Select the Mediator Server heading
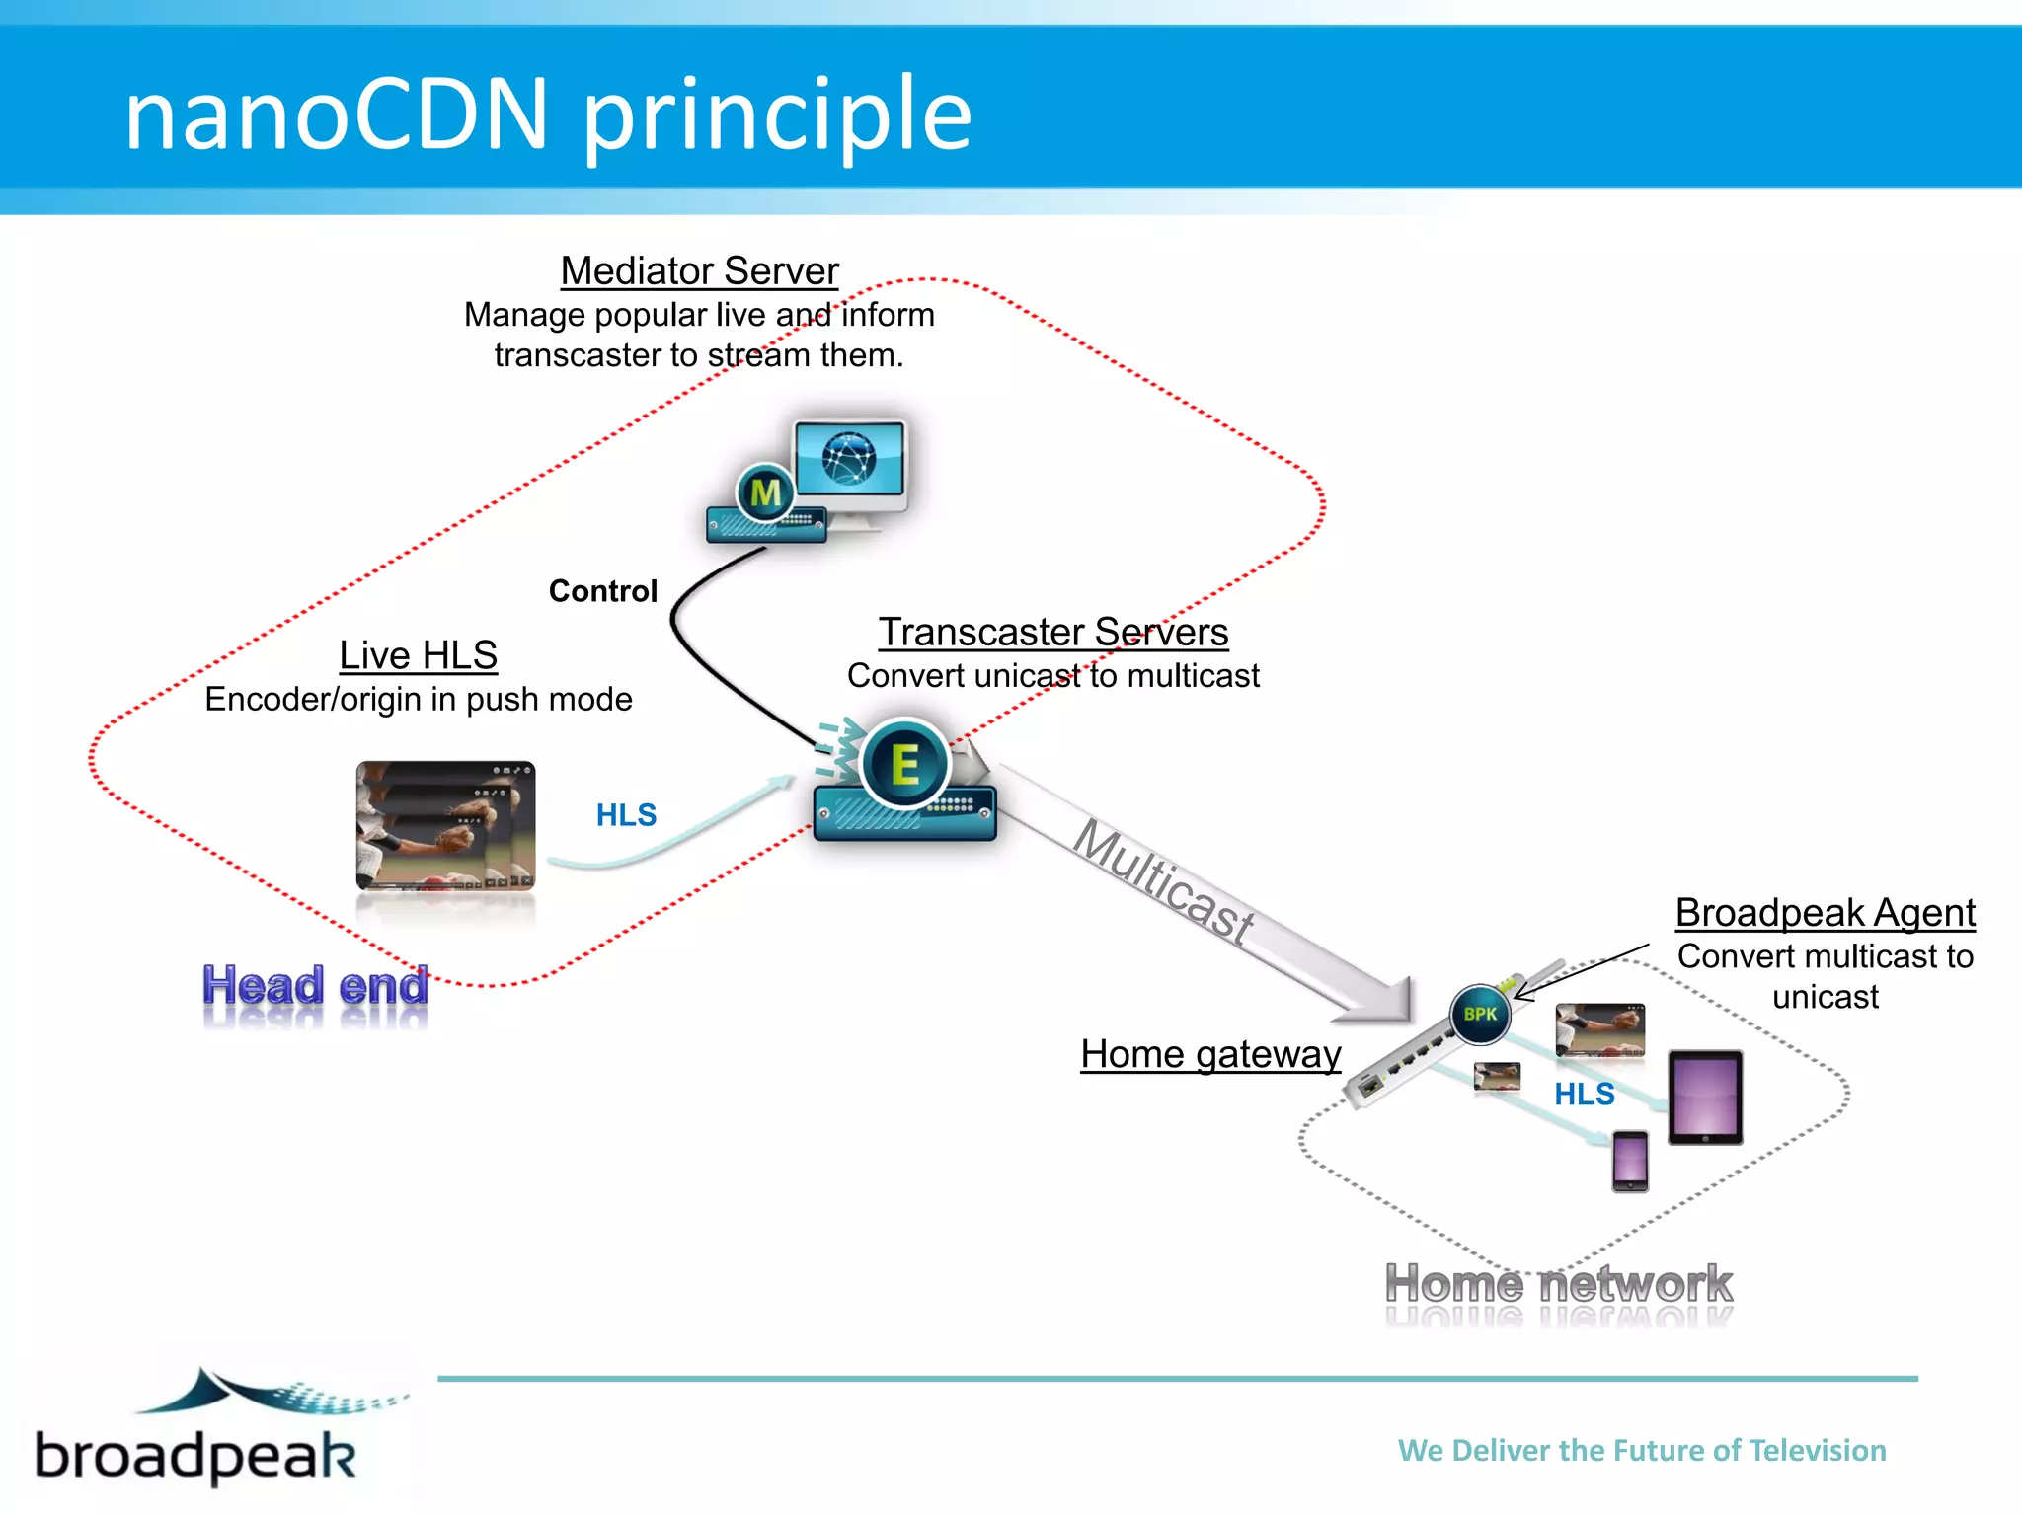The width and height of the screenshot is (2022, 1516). tap(699, 270)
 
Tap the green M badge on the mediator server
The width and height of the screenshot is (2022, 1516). tap(765, 492)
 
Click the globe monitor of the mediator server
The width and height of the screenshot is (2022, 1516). tap(850, 459)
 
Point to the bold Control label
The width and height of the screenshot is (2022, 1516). tap(602, 590)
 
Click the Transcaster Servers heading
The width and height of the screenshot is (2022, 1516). tap(1053, 632)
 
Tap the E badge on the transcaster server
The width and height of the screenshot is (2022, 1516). tap(904, 765)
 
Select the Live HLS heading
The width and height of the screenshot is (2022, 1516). tap(418, 655)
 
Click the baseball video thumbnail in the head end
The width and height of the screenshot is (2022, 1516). tap(445, 825)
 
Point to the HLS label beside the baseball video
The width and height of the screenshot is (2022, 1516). tap(626, 815)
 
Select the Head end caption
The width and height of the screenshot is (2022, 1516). tap(315, 986)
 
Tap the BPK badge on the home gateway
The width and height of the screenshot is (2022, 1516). tap(1480, 1014)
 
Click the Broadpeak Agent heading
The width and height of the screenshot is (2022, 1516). tap(1825, 913)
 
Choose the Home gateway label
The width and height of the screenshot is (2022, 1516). tap(1210, 1054)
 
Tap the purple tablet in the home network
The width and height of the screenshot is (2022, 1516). tap(1705, 1097)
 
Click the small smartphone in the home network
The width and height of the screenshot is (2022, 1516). tap(1630, 1161)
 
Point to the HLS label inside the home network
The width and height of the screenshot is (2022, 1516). tap(1584, 1094)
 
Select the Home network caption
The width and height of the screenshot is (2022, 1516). tap(1558, 1284)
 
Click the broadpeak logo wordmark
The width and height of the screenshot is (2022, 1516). tap(195, 1455)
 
